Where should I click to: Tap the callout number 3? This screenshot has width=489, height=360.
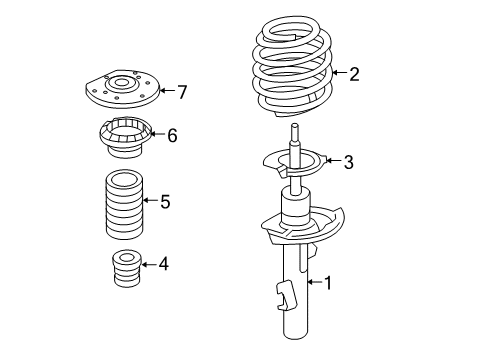click(347, 162)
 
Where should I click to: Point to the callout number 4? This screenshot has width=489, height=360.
click(163, 264)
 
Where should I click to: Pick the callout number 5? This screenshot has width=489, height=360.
click(164, 202)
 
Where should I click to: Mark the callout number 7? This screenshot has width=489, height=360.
click(181, 92)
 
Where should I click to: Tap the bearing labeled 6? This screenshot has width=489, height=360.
click(123, 137)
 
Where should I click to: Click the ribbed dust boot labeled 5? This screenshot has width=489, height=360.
click(123, 205)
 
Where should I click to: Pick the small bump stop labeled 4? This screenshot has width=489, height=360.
click(125, 271)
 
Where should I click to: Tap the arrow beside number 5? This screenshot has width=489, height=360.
click(150, 202)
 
